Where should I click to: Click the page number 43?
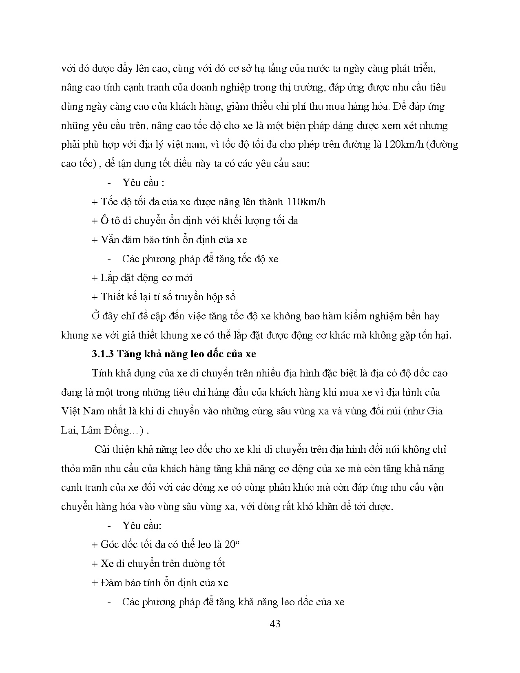275,624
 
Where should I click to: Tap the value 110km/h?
306,201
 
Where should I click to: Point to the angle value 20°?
232,544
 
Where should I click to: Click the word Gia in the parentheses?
435,411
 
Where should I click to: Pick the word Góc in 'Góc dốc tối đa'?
110,545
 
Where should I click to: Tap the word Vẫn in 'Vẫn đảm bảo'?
110,239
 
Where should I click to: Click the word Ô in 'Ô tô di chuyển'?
105,220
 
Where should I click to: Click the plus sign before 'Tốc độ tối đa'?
95,202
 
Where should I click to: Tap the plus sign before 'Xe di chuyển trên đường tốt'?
95,564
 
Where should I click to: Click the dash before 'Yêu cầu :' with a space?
109,183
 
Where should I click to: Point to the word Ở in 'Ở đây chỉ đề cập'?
96,315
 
